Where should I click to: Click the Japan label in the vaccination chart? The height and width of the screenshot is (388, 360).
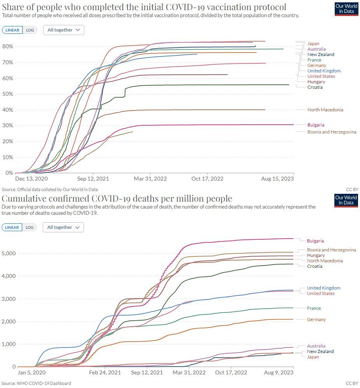pos(313,44)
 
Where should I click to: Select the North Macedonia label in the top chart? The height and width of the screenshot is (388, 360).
pos(325,110)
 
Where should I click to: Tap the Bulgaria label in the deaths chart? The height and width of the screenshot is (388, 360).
pos(315,241)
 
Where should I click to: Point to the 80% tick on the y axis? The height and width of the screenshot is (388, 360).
pos(9,46)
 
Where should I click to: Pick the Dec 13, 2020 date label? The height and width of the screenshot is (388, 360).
pos(31,179)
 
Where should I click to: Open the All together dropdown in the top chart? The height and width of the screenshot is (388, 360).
pos(63,30)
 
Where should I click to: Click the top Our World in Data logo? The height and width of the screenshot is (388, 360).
pos(346,9)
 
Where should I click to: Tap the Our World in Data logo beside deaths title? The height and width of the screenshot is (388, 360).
pos(346,200)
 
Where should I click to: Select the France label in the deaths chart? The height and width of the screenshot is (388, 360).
pos(314,308)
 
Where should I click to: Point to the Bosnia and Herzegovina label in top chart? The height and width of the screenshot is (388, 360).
pos(332,132)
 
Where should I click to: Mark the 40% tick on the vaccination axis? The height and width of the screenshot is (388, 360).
pos(9,110)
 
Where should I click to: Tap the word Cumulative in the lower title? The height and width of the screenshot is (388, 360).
pos(23,199)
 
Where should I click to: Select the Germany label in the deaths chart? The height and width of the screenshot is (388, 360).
pos(316,320)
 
